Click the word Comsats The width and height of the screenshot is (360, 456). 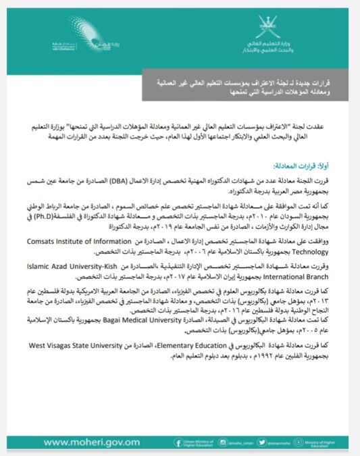click(x=59, y=238)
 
